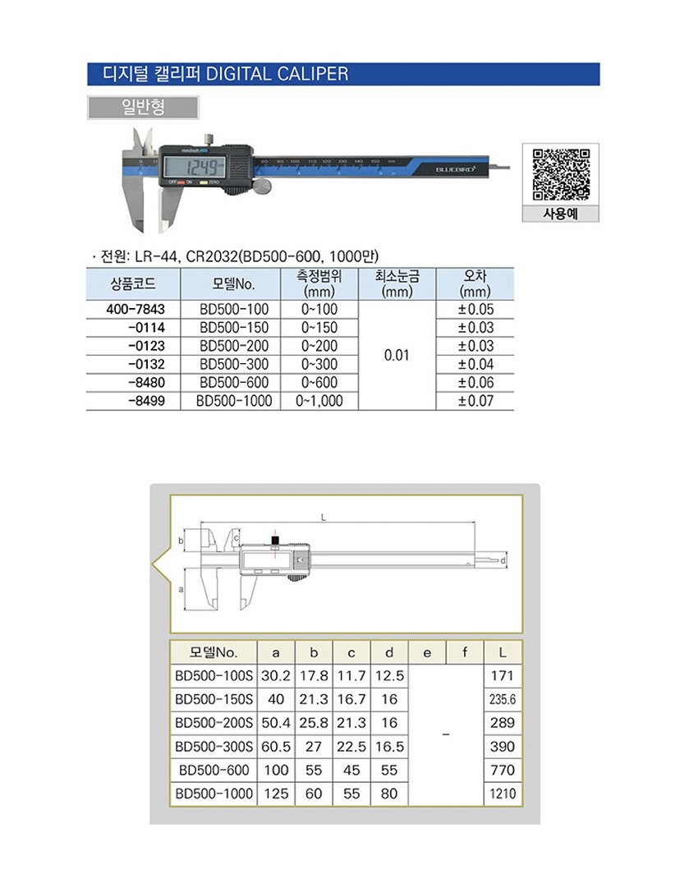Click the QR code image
coord(560,174)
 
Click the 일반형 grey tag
coord(143,108)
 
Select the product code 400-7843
coord(136,310)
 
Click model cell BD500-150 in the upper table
coord(234,328)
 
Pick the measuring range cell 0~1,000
coord(319,401)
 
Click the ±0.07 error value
coord(475,401)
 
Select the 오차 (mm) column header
coord(475,283)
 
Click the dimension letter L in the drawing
coord(325,518)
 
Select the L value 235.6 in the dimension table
coord(502,700)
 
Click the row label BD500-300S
coord(212,747)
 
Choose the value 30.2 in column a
coord(276,676)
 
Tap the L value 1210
coord(502,794)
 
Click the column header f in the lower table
coord(465,652)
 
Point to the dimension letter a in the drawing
coord(181,590)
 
